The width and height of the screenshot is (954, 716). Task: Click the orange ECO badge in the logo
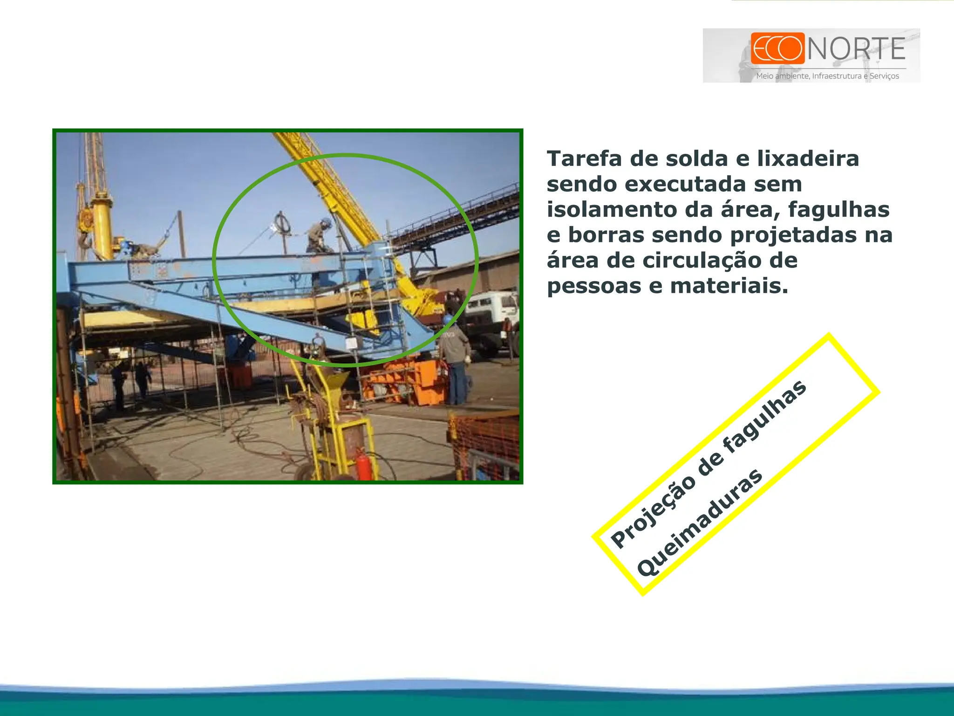(x=777, y=48)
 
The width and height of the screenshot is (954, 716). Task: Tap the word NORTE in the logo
(x=856, y=49)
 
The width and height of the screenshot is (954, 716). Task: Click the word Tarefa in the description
(x=585, y=158)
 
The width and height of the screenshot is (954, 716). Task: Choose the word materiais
(x=729, y=286)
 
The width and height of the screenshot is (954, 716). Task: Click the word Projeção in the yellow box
(x=652, y=513)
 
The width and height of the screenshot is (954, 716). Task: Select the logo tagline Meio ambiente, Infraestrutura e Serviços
(x=827, y=76)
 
